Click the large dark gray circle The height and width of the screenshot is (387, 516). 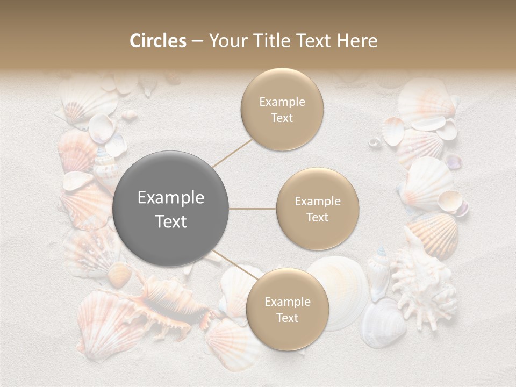click(171, 209)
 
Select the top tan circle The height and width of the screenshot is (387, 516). click(282, 110)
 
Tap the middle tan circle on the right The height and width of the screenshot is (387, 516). click(317, 209)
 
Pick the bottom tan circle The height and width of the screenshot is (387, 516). click(287, 310)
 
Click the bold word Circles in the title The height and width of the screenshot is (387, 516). click(157, 41)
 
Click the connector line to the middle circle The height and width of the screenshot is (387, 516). click(253, 209)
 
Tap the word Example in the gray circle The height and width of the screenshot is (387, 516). click(171, 198)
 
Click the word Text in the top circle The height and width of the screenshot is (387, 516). click(282, 118)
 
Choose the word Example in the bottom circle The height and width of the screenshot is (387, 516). click(287, 302)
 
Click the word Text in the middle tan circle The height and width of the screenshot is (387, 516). click(317, 217)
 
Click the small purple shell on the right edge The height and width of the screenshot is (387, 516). click(454, 161)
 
